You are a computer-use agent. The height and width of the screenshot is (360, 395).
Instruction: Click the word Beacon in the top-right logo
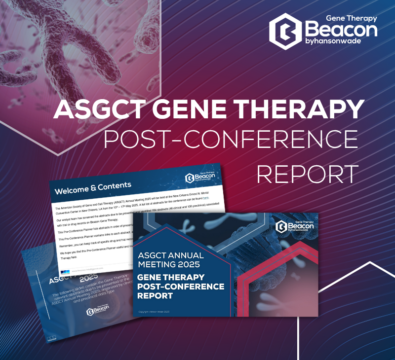coord(341,30)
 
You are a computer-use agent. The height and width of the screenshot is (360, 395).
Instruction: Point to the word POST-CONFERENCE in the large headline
coord(231,141)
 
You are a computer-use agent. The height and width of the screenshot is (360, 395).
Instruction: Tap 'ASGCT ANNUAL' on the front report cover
coord(171,255)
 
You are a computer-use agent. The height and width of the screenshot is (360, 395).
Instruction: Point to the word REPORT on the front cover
coord(156,296)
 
